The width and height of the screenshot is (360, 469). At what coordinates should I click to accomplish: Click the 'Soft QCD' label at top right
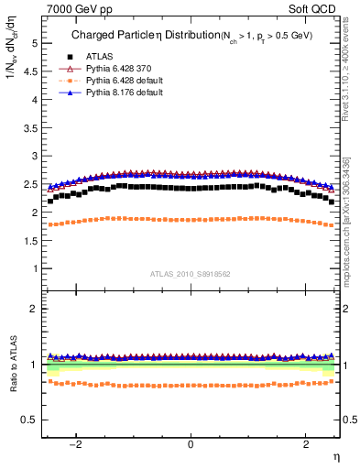tap(316, 9)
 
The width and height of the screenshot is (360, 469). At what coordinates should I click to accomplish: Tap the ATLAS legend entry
tap(99, 56)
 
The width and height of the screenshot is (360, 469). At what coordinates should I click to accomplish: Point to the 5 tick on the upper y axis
tap(34, 43)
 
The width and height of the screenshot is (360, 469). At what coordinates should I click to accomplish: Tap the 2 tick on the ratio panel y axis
tap(34, 309)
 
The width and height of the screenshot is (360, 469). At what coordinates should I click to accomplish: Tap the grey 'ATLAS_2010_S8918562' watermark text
tap(191, 274)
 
